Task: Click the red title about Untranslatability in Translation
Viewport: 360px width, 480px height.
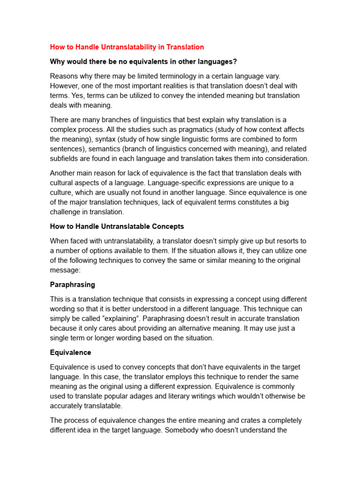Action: tap(127, 47)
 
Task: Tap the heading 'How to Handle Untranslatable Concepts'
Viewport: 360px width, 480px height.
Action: tap(117, 226)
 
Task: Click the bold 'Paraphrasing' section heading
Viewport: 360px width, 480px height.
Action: tap(73, 285)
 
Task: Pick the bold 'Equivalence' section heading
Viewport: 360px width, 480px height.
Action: tap(71, 352)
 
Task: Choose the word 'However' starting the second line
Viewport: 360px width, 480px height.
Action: tap(65, 86)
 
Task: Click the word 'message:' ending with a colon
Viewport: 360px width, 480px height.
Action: tap(65, 270)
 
